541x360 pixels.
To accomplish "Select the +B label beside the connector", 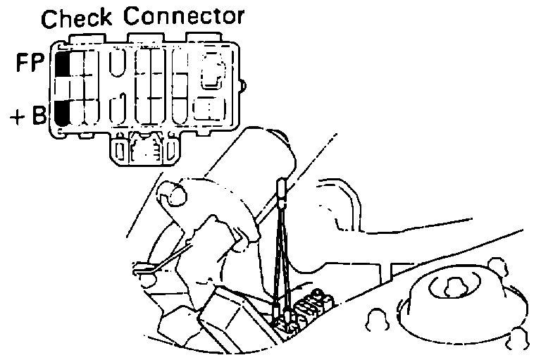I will pyautogui.click(x=28, y=114).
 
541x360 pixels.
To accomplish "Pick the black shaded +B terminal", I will pyautogui.click(x=62, y=112).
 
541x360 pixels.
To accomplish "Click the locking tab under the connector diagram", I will pyautogui.click(x=144, y=149).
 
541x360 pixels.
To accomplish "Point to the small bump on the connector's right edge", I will pyautogui.click(x=243, y=87).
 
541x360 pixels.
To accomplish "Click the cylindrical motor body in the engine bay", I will pyautogui.click(x=240, y=176).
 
